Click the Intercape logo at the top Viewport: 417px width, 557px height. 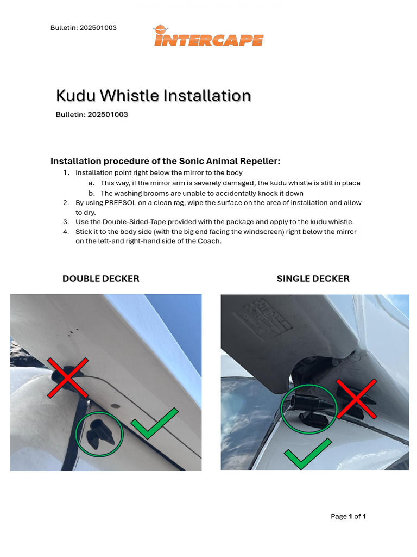[x=208, y=37]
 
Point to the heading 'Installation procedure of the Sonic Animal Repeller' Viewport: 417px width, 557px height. [x=165, y=161]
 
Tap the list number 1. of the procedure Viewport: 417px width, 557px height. [x=66, y=173]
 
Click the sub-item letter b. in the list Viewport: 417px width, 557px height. [x=91, y=193]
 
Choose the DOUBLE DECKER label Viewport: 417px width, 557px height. [x=101, y=278]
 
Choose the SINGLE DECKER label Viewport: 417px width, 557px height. [x=313, y=278]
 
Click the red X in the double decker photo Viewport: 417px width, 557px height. [x=67, y=377]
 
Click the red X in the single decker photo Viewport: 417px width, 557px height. [x=356, y=399]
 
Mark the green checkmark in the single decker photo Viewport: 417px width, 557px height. [x=307, y=454]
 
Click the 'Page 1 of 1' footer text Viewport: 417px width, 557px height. [x=348, y=516]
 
